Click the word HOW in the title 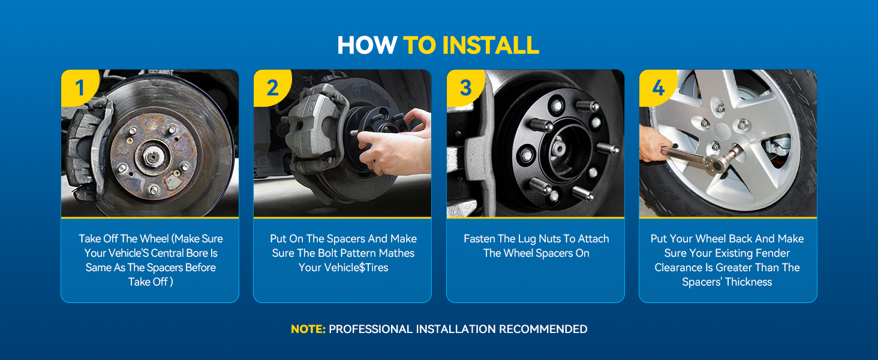[367, 45]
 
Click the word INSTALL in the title [491, 45]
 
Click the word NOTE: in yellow [308, 329]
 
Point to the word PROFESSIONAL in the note [371, 329]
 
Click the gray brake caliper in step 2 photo [314, 125]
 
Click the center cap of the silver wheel [723, 131]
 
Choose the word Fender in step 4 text [772, 253]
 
